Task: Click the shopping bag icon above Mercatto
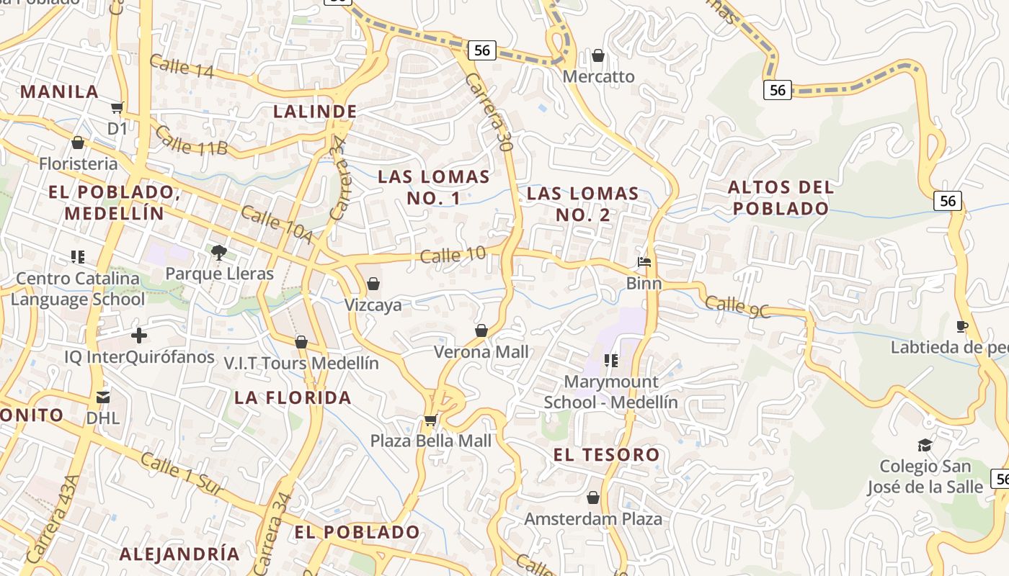(597, 55)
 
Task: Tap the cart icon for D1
(117, 108)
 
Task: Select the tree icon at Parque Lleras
(219, 252)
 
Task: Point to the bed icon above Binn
(644, 262)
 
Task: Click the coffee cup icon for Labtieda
(961, 327)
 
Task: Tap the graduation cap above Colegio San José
(924, 445)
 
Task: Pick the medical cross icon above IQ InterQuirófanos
(139, 336)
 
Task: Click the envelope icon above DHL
(103, 397)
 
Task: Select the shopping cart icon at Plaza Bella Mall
(430, 420)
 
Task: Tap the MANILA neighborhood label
(59, 91)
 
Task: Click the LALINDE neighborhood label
(315, 111)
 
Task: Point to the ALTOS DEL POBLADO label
(781, 198)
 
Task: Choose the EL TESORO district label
(606, 454)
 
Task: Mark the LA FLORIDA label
(293, 397)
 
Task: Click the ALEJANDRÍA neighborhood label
(179, 554)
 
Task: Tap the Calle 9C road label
(737, 307)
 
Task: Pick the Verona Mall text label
(481, 352)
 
